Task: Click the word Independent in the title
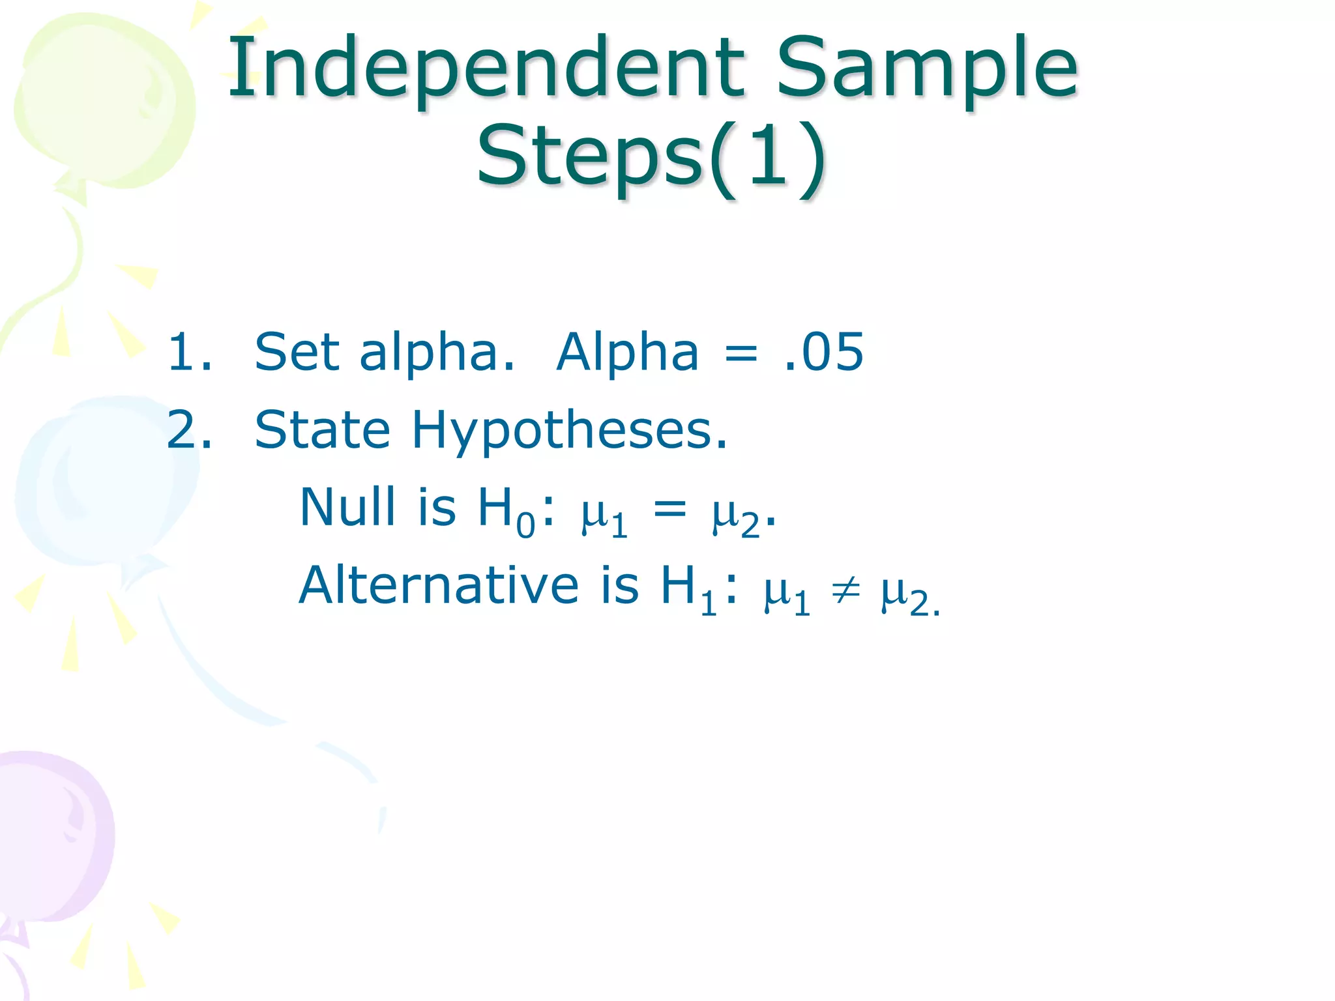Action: (486, 68)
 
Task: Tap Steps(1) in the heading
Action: (652, 156)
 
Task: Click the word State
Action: (322, 430)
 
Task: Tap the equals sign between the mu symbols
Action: (670, 508)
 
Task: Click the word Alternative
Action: (438, 585)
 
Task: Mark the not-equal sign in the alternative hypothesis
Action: (845, 590)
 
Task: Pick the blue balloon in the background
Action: (104, 482)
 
